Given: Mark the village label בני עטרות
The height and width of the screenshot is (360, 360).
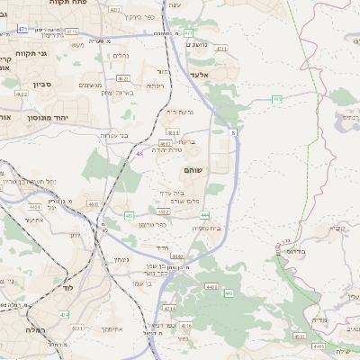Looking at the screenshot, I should pyautogui.click(x=114, y=135).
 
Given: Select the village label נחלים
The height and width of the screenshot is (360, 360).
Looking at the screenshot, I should pyautogui.click(x=121, y=56).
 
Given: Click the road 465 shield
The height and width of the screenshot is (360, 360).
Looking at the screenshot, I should pyautogui.click(x=277, y=99).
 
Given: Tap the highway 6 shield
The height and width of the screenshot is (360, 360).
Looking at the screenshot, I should pyautogui.click(x=232, y=132).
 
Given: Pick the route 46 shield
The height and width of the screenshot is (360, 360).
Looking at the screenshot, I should pyautogui.click(x=139, y=154).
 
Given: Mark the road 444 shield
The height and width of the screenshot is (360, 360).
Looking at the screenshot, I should pyautogui.click(x=205, y=215).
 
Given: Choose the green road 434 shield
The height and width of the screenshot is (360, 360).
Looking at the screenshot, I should pyautogui.click(x=64, y=314).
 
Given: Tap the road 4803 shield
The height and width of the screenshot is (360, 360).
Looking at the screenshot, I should pyautogui.click(x=94, y=204).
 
